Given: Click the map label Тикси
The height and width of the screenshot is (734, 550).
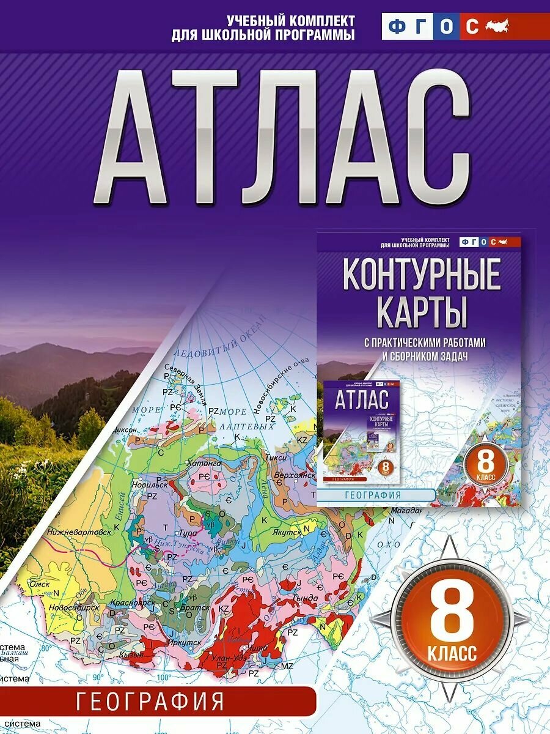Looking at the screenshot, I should click(x=273, y=457).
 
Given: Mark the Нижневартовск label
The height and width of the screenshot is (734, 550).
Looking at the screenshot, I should click(x=79, y=532).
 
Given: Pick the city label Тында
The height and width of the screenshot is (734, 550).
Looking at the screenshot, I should click(x=306, y=598).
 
